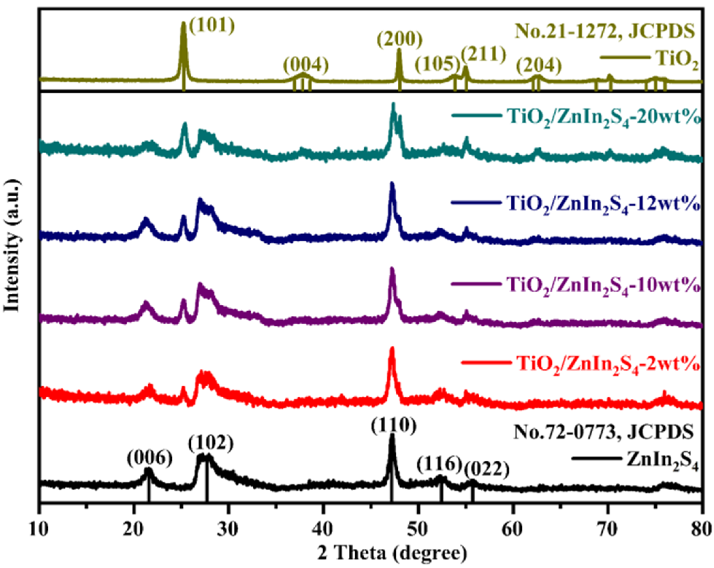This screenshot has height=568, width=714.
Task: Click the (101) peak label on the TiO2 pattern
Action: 212,26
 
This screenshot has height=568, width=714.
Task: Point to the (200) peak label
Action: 400,40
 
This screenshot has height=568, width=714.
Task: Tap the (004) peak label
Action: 306,65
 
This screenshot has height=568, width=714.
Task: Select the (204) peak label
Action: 539,65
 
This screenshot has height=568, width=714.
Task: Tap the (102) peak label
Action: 211,444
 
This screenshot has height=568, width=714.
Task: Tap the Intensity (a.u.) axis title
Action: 12,245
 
